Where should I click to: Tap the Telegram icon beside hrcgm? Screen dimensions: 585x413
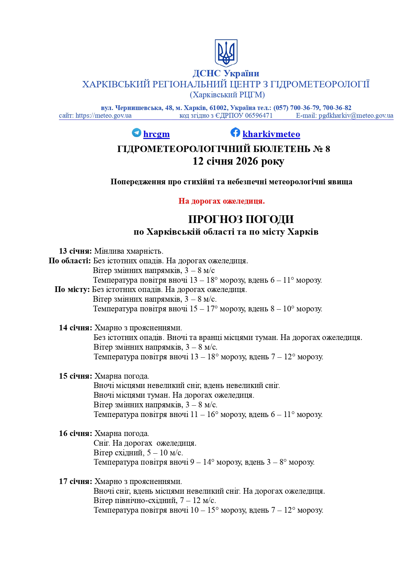(137, 133)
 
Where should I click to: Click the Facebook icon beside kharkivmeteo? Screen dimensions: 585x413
(235, 132)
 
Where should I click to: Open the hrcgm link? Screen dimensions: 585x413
(156, 134)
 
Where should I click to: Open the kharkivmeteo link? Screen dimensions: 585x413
(271, 134)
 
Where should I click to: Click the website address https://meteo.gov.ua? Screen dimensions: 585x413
(103, 116)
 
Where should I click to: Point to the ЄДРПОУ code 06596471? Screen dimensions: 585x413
(259, 116)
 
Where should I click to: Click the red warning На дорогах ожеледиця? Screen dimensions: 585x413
(221, 201)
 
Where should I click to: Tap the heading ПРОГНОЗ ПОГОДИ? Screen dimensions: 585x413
(241, 219)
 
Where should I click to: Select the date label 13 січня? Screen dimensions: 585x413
(75, 251)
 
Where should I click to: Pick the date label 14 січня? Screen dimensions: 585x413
(76, 328)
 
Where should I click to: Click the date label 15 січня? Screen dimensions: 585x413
(76, 376)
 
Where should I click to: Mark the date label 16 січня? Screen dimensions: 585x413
(76, 433)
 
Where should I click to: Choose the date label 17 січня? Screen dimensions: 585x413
(76, 481)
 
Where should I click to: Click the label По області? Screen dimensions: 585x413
(70, 261)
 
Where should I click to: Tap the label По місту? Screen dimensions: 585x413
(72, 289)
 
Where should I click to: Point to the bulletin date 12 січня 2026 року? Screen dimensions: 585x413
(238, 161)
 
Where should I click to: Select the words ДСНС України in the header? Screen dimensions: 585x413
(226, 73)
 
